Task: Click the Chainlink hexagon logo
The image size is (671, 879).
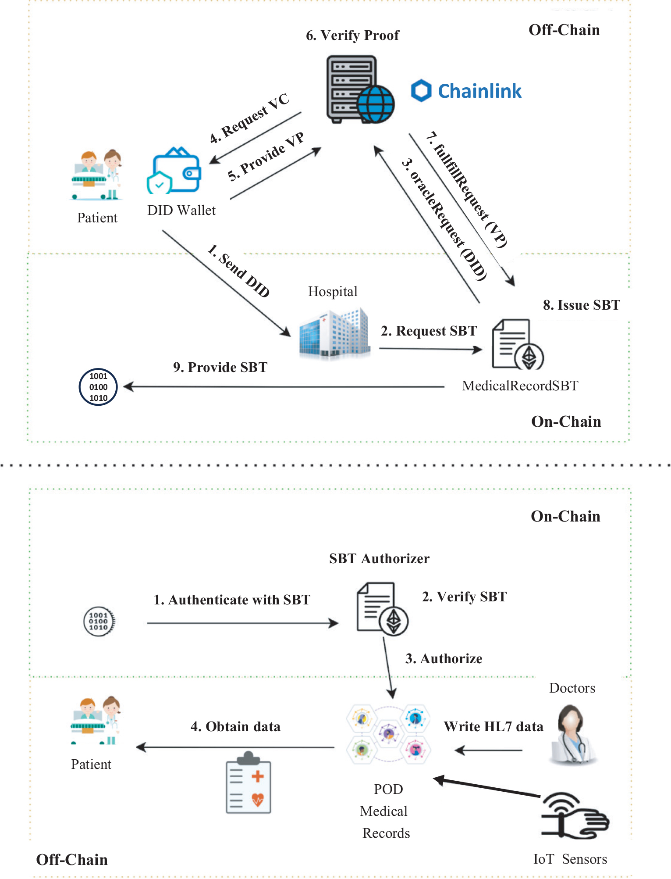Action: pyautogui.click(x=421, y=91)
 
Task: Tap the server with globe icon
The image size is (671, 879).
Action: pyautogui.click(x=359, y=89)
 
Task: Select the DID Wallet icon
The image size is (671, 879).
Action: pyautogui.click(x=174, y=171)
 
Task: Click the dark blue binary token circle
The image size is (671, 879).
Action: pyautogui.click(x=98, y=387)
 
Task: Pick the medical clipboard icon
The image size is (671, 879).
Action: pyautogui.click(x=249, y=783)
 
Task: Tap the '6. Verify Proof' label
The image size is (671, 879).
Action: pyautogui.click(x=352, y=35)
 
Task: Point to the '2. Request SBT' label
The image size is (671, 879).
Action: pyautogui.click(x=429, y=331)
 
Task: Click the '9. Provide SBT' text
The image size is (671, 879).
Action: pyautogui.click(x=220, y=367)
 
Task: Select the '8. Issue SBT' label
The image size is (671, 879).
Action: pyautogui.click(x=582, y=305)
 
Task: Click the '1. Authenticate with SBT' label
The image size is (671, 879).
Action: pyautogui.click(x=232, y=600)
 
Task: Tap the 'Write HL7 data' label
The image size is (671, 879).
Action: pyautogui.click(x=493, y=726)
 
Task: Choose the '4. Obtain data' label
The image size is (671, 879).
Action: pyautogui.click(x=235, y=726)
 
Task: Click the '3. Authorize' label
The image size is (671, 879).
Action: pyautogui.click(x=444, y=658)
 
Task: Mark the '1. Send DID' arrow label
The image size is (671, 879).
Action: pyautogui.click(x=238, y=271)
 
